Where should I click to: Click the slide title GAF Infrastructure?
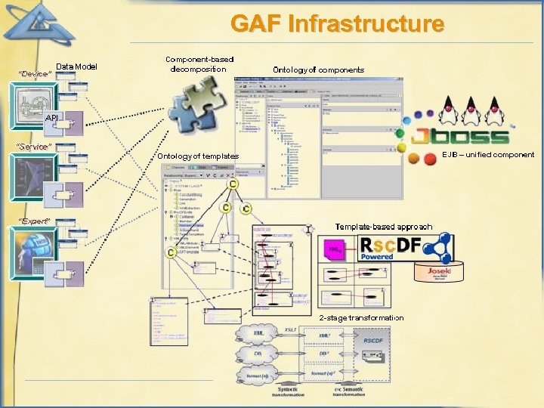point(337,24)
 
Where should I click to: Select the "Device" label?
point(34,74)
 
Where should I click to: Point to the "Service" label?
point(35,146)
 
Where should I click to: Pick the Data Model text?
point(76,66)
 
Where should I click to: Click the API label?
point(51,119)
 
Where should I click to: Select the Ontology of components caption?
point(318,70)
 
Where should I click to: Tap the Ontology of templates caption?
point(197,156)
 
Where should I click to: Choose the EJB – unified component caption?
point(487,155)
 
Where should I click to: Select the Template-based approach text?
point(384,227)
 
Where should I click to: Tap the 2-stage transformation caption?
point(361,318)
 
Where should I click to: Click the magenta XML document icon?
point(333,249)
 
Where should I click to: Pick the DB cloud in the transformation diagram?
point(258,353)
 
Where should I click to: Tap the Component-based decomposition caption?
point(199,64)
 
